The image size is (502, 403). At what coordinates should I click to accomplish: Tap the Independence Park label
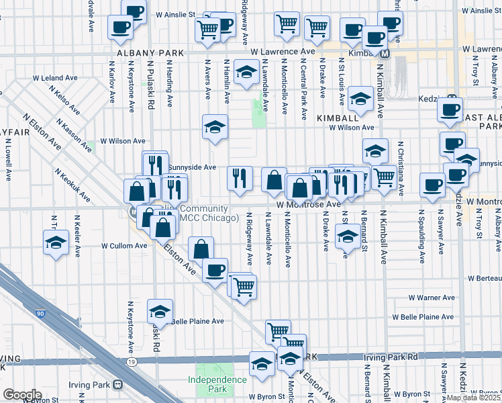217,384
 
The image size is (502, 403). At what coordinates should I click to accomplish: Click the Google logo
22,394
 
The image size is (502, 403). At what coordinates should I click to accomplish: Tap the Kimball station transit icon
386,52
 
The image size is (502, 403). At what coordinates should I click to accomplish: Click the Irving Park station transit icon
118,384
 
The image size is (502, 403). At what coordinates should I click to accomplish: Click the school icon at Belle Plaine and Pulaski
160,311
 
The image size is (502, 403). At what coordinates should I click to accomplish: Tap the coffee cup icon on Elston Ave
215,271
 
